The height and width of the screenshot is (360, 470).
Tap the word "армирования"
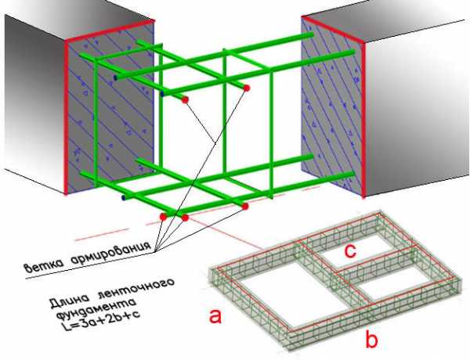[110, 250]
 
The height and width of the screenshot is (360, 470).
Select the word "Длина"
[70, 300]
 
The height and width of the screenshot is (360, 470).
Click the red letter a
[215, 316]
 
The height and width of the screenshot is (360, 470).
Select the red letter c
[350, 250]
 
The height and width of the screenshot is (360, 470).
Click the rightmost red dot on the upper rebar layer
[247, 88]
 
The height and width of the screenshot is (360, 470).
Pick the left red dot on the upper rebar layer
[185, 99]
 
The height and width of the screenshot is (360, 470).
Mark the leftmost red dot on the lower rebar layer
[164, 217]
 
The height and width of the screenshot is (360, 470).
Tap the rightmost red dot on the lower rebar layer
[245, 207]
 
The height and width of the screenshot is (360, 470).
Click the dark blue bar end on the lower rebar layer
[123, 198]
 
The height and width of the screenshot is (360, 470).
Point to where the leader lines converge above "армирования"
[155, 251]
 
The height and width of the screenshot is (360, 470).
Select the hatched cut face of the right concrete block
[333, 105]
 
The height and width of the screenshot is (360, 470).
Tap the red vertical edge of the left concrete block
[66, 117]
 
